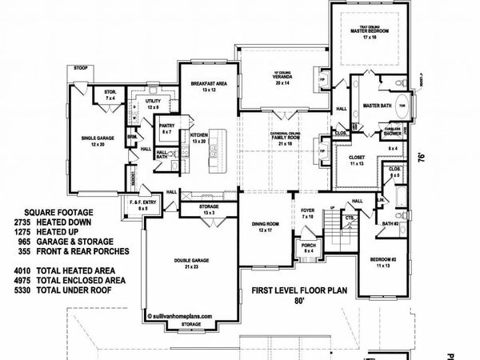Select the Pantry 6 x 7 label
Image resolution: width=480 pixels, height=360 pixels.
[168, 127]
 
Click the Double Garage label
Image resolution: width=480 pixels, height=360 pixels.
[190, 261]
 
